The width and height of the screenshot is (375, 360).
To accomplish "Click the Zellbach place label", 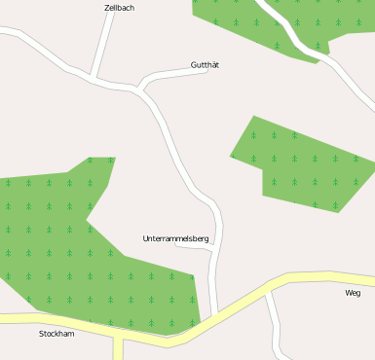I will click(x=119, y=8).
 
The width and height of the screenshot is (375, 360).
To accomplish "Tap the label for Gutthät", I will click(x=205, y=65).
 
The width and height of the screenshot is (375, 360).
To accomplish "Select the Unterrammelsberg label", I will click(x=175, y=238).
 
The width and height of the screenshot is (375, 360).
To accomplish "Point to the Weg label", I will click(x=353, y=293).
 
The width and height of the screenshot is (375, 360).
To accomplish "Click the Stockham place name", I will click(x=56, y=334).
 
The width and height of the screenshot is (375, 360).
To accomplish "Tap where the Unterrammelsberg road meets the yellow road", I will click(x=213, y=316).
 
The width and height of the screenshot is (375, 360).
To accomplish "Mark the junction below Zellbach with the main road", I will click(x=93, y=77).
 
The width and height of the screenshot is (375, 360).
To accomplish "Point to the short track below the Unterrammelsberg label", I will click(x=193, y=247).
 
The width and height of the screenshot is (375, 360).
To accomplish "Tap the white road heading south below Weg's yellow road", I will click(x=276, y=321).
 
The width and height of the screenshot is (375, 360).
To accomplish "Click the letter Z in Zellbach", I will click(x=106, y=8).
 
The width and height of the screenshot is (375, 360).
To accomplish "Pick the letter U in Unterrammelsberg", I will click(x=145, y=238).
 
